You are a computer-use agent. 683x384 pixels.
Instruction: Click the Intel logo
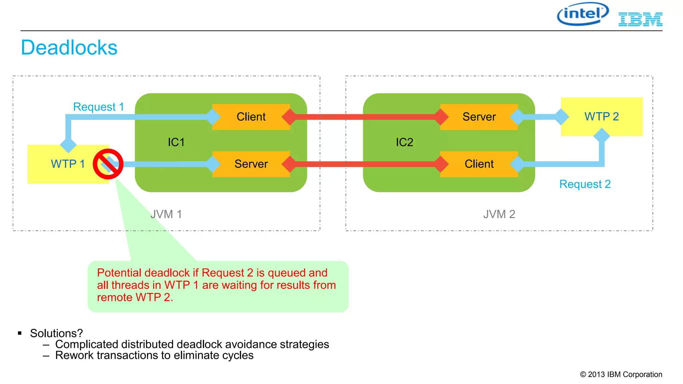pyautogui.click(x=583, y=14)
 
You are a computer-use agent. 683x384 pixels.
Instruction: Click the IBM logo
pyautogui.click(x=640, y=19)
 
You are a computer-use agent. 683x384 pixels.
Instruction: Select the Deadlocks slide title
pyautogui.click(x=69, y=48)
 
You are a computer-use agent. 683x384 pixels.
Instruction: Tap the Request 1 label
pyautogui.click(x=98, y=107)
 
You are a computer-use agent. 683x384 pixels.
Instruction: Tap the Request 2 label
pyautogui.click(x=585, y=184)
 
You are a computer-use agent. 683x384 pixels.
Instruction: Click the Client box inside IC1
pyautogui.click(x=251, y=117)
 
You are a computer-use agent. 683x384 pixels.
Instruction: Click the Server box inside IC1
pyautogui.click(x=251, y=164)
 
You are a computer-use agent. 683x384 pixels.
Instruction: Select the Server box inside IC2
pyautogui.click(x=479, y=117)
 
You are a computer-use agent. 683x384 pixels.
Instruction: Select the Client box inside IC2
pyautogui.click(x=479, y=164)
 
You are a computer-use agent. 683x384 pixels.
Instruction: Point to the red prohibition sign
pyautogui.click(x=108, y=164)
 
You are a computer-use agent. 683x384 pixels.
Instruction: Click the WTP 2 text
pyautogui.click(x=601, y=117)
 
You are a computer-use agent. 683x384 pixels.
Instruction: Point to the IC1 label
pyautogui.click(x=176, y=142)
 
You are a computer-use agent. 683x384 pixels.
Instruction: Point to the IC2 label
pyautogui.click(x=404, y=142)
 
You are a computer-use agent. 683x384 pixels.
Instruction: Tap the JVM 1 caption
pyautogui.click(x=166, y=214)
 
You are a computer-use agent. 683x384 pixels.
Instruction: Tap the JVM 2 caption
pyautogui.click(x=499, y=214)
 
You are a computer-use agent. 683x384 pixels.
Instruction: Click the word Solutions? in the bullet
pyautogui.click(x=56, y=333)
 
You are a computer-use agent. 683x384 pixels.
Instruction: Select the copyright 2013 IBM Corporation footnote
pyautogui.click(x=621, y=375)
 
